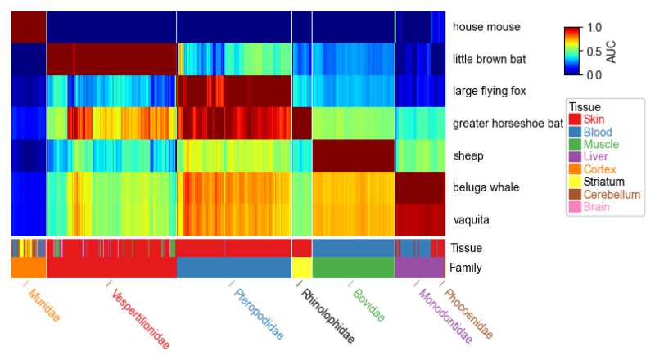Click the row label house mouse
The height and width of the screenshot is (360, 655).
[x=486, y=27]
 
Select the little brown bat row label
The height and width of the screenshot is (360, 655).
[x=490, y=59]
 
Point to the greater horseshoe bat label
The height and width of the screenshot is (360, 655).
[x=508, y=124]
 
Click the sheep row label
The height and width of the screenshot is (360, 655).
[x=468, y=155]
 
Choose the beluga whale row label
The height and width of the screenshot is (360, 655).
[x=486, y=187]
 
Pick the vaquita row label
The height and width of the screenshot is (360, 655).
[x=471, y=219]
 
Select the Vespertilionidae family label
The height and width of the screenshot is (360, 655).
[x=140, y=319]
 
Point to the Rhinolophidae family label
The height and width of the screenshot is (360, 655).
[x=327, y=316]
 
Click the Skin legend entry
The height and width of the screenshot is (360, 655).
[x=594, y=120]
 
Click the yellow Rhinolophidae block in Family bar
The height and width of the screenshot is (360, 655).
[x=302, y=268]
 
